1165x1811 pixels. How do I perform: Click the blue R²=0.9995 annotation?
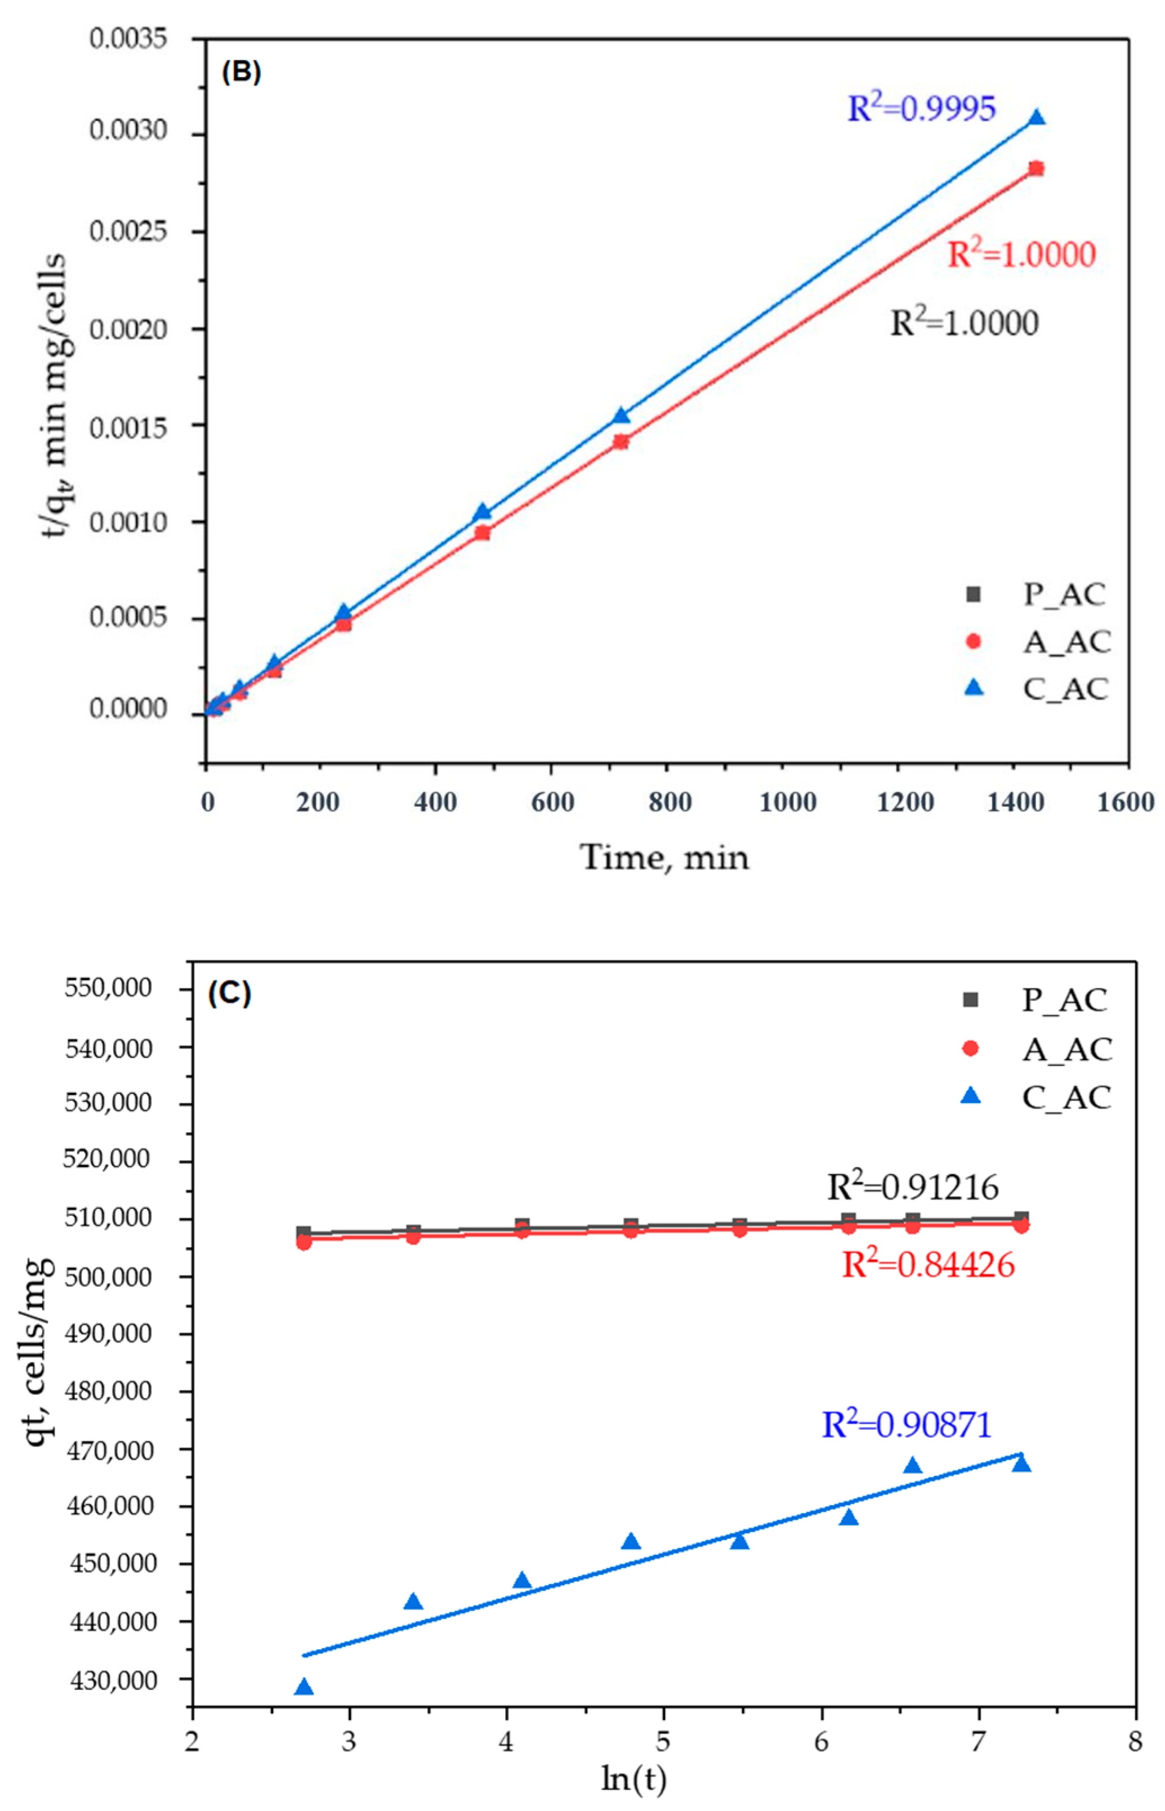(x=921, y=108)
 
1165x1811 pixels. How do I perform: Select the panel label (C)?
(x=229, y=993)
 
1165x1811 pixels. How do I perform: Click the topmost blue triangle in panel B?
(x=1037, y=117)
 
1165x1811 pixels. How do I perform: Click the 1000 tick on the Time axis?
(x=788, y=802)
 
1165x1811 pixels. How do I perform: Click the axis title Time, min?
(x=664, y=857)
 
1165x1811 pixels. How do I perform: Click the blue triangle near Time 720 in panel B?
(x=621, y=416)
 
